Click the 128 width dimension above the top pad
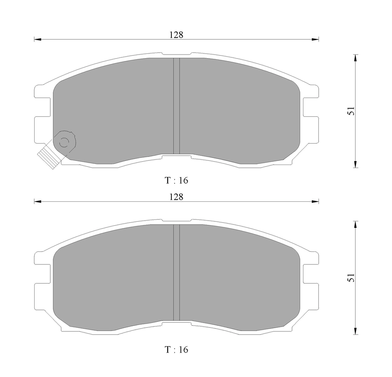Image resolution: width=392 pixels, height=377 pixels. pyautogui.click(x=176, y=35)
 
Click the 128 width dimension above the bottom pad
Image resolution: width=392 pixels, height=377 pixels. pyautogui.click(x=176, y=197)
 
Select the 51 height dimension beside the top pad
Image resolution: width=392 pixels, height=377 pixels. pyautogui.click(x=351, y=111)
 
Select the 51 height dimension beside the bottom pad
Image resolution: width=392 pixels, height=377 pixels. pyautogui.click(x=351, y=278)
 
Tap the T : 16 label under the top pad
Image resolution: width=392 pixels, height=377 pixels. pyautogui.click(x=176, y=180)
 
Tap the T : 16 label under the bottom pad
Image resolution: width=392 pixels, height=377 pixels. pyautogui.click(x=176, y=349)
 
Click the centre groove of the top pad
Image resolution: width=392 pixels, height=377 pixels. pyautogui.click(x=177, y=106)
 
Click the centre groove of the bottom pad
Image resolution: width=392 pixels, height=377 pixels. pyautogui.click(x=177, y=272)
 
